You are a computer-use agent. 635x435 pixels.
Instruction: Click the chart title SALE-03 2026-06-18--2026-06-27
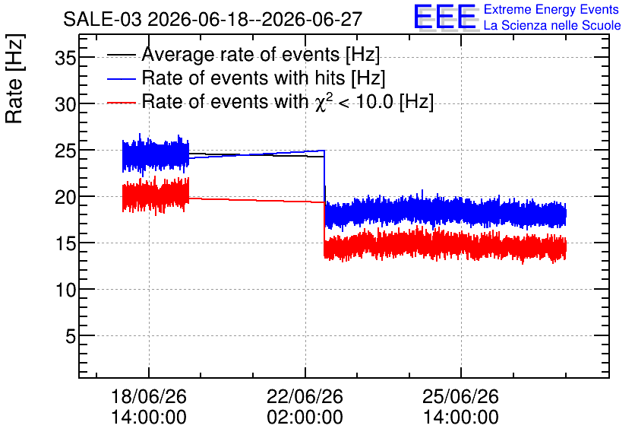(213, 19)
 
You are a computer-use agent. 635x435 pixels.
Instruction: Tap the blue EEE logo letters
(445, 17)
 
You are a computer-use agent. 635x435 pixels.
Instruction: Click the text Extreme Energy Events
(551, 9)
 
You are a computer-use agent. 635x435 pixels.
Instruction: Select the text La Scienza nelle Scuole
(552, 26)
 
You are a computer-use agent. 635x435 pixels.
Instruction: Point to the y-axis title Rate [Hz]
(14, 78)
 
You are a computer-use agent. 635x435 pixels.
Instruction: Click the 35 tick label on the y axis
(65, 59)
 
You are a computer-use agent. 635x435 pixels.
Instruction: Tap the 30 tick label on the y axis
(65, 105)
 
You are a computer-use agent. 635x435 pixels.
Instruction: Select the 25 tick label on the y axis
(65, 151)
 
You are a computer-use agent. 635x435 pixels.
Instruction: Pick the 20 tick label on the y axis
(65, 198)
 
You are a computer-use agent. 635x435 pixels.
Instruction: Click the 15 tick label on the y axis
(65, 244)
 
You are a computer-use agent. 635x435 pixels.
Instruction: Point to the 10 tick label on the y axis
(65, 291)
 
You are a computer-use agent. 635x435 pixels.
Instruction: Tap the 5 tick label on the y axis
(71, 336)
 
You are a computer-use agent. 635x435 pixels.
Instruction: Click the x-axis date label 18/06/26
(149, 396)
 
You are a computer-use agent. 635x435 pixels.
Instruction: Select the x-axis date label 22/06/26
(305, 396)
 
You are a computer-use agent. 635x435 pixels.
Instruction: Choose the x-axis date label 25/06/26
(461, 396)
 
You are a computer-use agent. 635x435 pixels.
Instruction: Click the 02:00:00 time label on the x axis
(305, 418)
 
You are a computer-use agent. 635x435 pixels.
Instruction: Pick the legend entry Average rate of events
(243, 55)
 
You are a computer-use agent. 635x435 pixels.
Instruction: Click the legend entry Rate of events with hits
(246, 78)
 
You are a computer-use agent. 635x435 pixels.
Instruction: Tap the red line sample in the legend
(121, 103)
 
